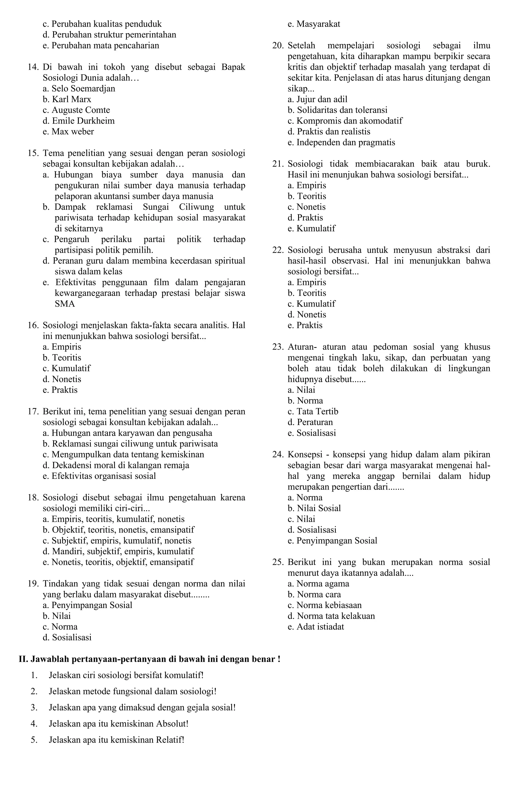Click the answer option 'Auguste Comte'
click(x=80, y=110)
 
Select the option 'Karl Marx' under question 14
click(x=71, y=99)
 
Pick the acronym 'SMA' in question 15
click(x=65, y=304)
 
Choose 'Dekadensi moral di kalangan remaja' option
click(x=121, y=465)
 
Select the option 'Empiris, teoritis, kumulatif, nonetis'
click(x=118, y=519)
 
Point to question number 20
click(x=278, y=46)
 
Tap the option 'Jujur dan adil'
click(x=322, y=99)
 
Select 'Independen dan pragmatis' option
click(x=346, y=142)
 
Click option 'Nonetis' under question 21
click(x=311, y=207)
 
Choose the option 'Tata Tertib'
click(x=317, y=411)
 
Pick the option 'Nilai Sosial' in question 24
click(x=319, y=508)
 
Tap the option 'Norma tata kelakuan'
click(x=336, y=616)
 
